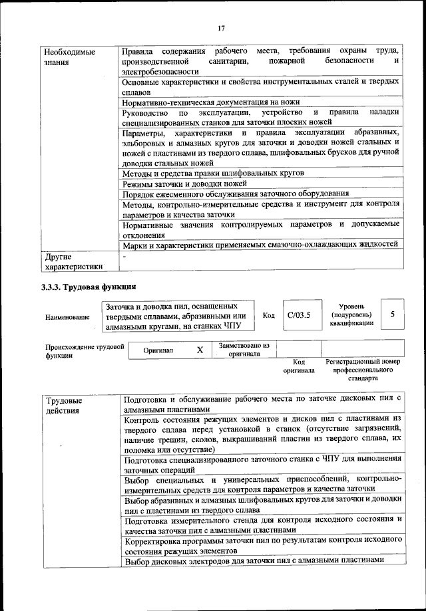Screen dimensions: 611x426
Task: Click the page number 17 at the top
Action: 222,27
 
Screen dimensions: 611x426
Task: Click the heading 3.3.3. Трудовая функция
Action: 90,287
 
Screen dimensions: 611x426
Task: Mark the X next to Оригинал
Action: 200,350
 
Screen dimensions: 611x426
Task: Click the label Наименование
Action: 68,318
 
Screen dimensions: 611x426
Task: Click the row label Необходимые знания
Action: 69,57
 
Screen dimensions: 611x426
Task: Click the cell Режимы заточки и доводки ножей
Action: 185,183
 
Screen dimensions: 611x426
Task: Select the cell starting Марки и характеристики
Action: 260,245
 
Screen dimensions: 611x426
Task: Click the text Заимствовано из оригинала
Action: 244,350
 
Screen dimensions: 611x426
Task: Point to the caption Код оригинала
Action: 298,366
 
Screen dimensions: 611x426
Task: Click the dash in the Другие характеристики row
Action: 124,255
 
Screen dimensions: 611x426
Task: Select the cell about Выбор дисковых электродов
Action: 255,560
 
